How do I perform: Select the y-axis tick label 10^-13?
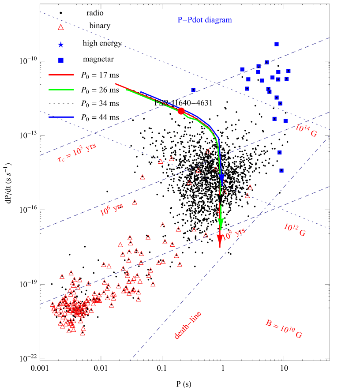(28, 135)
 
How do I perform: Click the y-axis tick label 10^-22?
(28, 359)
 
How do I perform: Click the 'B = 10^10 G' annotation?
(284, 334)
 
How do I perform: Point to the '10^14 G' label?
(307, 129)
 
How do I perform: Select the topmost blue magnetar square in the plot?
(277, 44)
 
